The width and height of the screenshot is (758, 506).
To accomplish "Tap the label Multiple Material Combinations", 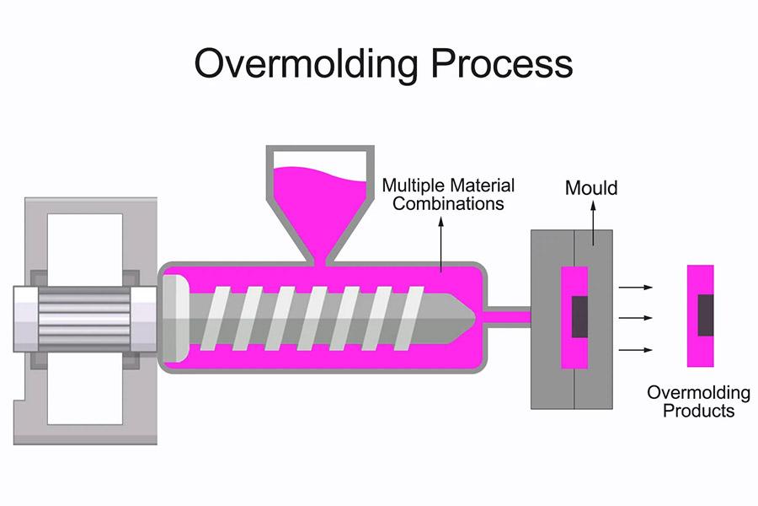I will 448,194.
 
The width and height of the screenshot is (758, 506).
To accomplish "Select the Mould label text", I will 590,187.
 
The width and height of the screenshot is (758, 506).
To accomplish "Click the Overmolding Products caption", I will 698,401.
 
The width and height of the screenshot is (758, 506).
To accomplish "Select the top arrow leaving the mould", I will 636,288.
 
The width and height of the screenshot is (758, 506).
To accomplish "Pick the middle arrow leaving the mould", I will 636,318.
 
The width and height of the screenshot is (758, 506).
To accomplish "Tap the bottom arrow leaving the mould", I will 636,349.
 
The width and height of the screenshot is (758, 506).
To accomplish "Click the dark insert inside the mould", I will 579,317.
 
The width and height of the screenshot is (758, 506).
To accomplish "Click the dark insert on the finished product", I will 705,315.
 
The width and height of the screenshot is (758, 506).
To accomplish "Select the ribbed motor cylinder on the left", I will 84,317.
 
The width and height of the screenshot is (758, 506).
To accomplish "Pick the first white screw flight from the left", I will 223,317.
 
